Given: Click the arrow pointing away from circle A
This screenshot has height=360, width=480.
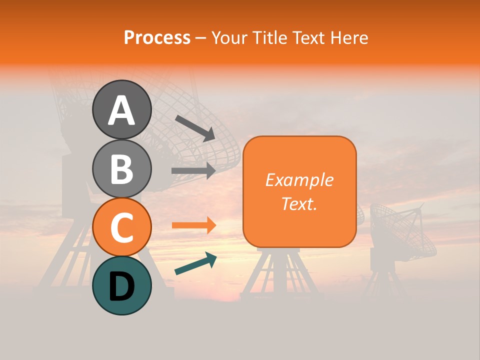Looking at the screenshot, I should point(195,128).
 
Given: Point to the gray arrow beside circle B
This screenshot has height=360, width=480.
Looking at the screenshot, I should point(193,171).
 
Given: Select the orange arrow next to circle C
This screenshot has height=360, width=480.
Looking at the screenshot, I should point(193,225).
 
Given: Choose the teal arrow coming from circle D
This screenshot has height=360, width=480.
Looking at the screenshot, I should point(195,263).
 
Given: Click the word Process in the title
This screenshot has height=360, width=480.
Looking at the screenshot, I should point(157,37).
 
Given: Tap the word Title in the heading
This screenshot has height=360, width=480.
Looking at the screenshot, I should point(268,37).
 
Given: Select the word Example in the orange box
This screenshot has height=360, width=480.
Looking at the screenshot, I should point(299,180).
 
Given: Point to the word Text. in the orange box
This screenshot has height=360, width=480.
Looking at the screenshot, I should point(299,204).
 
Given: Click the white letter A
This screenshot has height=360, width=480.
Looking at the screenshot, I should point(121,110).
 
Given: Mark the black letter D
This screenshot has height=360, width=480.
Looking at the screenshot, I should point(121,286).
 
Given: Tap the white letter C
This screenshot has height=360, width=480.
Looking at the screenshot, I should point(121,228).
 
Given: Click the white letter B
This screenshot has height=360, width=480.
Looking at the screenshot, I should point(121,169).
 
